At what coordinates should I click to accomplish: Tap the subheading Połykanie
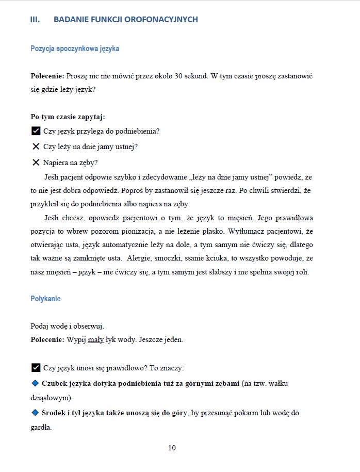point(45,299)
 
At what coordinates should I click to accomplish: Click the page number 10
point(172,448)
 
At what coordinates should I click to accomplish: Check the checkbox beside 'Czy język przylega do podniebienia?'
point(36,131)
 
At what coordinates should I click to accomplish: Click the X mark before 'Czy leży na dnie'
point(36,147)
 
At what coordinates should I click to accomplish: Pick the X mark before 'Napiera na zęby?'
point(36,162)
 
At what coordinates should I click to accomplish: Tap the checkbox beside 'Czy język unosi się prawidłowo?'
point(36,368)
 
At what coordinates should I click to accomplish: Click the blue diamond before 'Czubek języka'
point(35,383)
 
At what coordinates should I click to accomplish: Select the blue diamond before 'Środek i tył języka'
point(35,413)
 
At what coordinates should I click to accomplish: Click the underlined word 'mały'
point(96,339)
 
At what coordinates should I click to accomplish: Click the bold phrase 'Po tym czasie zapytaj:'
point(68,117)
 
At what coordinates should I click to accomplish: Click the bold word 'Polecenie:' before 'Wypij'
point(47,339)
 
